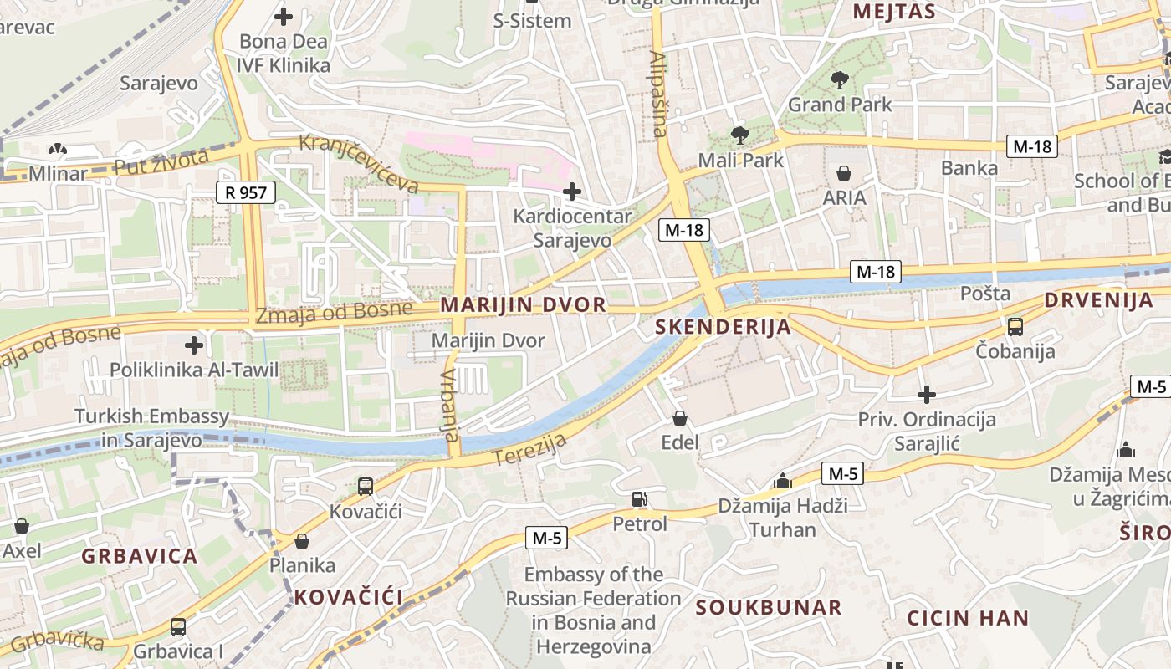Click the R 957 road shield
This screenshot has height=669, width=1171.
click(x=246, y=192)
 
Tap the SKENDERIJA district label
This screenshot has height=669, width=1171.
click(x=724, y=326)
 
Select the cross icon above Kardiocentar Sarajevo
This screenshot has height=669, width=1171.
click(x=572, y=192)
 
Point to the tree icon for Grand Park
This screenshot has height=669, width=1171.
click(x=840, y=80)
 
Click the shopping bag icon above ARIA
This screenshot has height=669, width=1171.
click(x=844, y=173)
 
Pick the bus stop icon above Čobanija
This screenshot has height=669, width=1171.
click(x=1015, y=326)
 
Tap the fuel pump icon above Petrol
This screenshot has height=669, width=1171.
click(x=640, y=499)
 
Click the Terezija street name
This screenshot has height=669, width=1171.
click(x=530, y=450)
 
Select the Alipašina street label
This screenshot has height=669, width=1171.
click(x=658, y=94)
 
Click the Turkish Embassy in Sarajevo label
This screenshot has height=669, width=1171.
click(x=151, y=428)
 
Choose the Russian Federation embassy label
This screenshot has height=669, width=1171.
click(x=593, y=610)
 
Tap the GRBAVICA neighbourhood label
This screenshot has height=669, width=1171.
click(x=140, y=556)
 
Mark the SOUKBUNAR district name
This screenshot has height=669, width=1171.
click(x=769, y=608)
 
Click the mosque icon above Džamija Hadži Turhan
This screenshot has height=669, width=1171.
click(x=783, y=482)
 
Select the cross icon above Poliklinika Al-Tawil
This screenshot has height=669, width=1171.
click(x=194, y=345)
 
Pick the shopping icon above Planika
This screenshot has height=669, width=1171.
click(x=302, y=541)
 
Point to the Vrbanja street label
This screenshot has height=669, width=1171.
click(x=450, y=405)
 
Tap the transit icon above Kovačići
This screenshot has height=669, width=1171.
click(x=366, y=487)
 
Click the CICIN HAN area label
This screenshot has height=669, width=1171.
click(x=968, y=619)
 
